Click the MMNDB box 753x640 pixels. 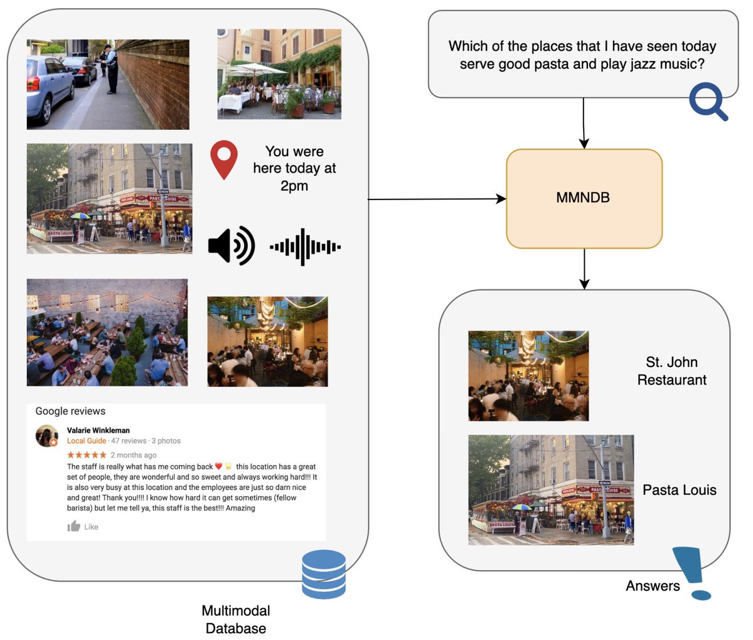coord(584,198)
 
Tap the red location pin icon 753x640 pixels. coord(224,160)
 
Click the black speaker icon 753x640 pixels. coord(231,246)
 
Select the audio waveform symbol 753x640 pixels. coord(305,247)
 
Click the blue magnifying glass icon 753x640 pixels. coord(708,102)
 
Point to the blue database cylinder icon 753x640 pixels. coord(324,574)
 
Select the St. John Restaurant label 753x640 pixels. coord(671,371)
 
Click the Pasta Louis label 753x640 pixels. coord(679,490)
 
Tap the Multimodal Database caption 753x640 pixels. coord(236,619)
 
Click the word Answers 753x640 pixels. coord(653,586)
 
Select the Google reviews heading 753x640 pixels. coord(70,411)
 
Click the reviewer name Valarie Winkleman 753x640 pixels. coord(99,430)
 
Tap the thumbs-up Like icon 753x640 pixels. coord(74,526)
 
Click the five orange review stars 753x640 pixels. coord(87,455)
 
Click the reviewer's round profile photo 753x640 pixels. coord(47,436)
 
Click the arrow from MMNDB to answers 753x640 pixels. coord(584,269)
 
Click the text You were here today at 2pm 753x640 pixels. coord(294,168)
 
